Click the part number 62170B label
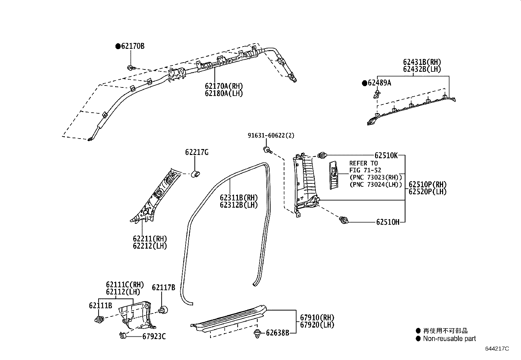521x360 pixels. click(x=133, y=46)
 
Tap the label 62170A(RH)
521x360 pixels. click(x=224, y=86)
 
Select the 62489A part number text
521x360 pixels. click(x=379, y=83)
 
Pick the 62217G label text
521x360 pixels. click(x=197, y=152)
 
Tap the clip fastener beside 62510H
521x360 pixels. click(x=343, y=220)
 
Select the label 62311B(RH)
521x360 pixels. click(x=239, y=198)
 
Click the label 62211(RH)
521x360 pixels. click(x=150, y=239)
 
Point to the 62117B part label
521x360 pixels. click(x=163, y=288)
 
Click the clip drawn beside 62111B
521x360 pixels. click(x=99, y=319)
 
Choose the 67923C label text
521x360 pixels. click(x=154, y=336)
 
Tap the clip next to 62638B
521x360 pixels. click(x=258, y=334)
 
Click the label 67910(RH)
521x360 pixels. click(x=317, y=317)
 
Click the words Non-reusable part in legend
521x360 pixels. click(x=449, y=339)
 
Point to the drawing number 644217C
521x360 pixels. click(x=497, y=349)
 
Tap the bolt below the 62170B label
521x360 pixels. click(x=131, y=68)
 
